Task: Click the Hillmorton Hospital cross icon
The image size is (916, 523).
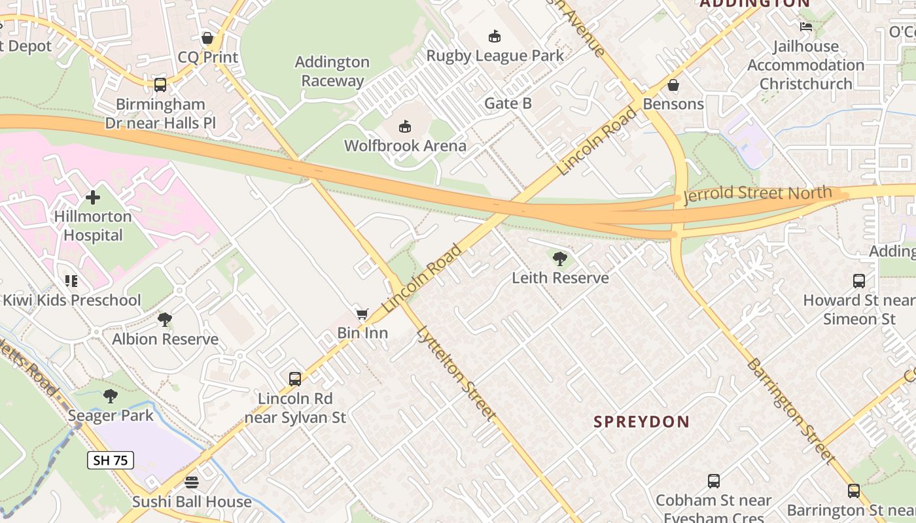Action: point(93,197)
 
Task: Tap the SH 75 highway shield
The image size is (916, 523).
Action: point(111,460)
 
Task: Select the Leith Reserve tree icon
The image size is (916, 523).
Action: point(559,259)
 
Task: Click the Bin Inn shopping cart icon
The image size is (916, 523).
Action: point(362,314)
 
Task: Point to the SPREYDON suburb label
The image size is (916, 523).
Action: point(642,422)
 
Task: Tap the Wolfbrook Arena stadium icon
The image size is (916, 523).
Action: point(405,126)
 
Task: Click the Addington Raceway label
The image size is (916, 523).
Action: point(332,71)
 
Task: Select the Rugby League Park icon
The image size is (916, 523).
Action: point(495,36)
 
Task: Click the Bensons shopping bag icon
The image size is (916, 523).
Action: point(673,85)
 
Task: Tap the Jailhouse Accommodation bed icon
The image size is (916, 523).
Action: point(806,27)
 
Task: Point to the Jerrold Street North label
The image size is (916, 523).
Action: point(758,194)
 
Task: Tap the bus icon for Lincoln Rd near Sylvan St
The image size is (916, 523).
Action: point(295,379)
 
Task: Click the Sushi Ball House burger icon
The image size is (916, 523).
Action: point(192,482)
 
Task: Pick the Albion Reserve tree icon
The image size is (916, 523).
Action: point(165,320)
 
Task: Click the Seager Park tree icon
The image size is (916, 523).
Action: point(111,396)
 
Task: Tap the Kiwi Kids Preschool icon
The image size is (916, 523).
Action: point(71,281)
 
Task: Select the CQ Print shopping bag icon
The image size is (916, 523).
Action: point(207,38)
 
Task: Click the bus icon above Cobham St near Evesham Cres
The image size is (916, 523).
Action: point(714,481)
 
